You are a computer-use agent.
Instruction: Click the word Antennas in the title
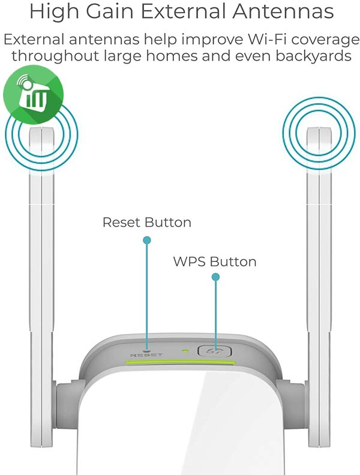(283, 11)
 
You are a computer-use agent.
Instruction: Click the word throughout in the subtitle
(55, 56)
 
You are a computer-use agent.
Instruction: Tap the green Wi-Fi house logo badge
(34, 94)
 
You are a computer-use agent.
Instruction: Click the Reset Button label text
(147, 223)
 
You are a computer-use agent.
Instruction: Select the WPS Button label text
(215, 261)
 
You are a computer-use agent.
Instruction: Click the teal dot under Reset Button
(147, 240)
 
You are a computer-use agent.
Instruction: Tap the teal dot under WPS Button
(215, 277)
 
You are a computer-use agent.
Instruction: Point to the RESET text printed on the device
(146, 354)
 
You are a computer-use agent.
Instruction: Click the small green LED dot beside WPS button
(185, 351)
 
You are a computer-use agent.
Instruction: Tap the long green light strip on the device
(181, 362)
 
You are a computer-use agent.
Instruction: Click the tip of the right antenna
(319, 128)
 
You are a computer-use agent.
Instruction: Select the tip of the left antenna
(41, 128)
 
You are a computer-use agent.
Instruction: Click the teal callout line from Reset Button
(147, 295)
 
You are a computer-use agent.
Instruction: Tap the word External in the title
(183, 11)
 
